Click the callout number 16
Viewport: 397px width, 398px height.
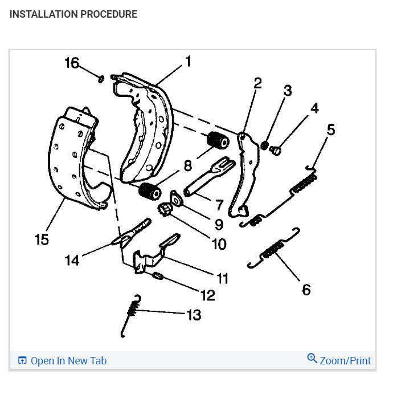[72, 63]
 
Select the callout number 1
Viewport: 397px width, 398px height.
[187, 62]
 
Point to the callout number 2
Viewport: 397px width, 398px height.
[257, 83]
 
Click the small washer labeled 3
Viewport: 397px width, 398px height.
[265, 146]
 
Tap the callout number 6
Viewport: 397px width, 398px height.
[306, 290]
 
